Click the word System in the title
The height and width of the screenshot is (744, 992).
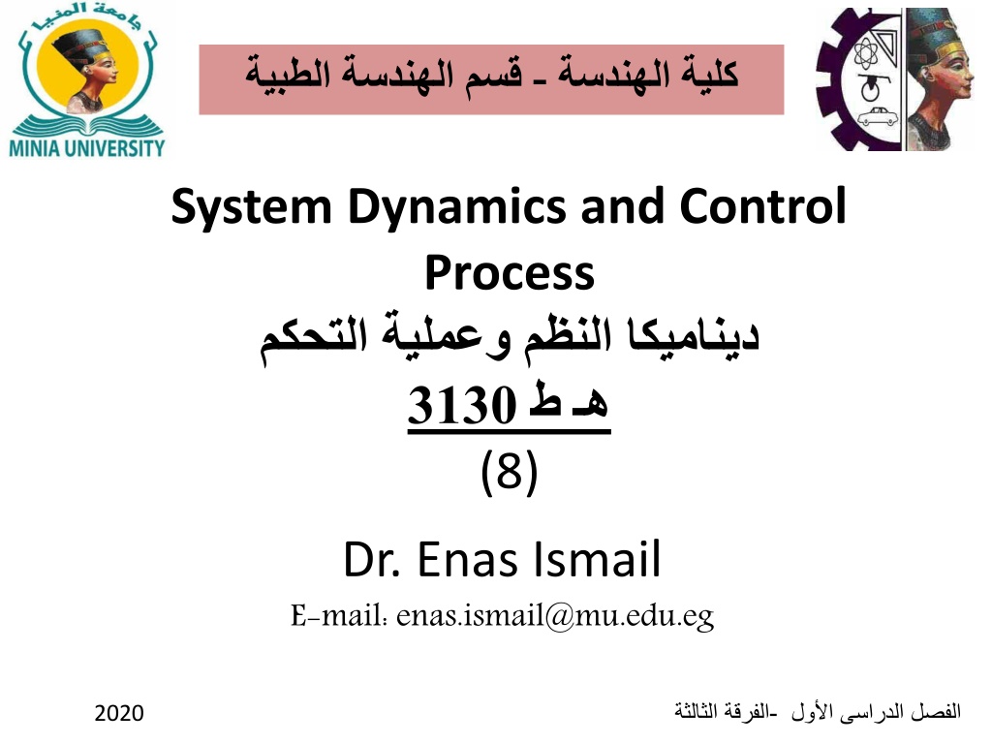pos(251,207)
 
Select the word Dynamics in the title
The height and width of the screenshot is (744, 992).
pos(457,207)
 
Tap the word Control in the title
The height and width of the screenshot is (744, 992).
pos(762,206)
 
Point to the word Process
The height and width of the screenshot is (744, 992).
pos(510,274)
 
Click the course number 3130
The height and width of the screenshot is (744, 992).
pos(462,404)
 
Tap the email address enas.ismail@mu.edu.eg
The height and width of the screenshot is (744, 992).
pos(555,615)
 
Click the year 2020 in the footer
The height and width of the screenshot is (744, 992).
pos(119,713)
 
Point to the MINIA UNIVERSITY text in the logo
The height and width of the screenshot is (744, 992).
pos(86,148)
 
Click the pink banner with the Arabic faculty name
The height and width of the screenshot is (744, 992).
pos(491,79)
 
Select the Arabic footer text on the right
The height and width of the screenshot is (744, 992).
pos(818,712)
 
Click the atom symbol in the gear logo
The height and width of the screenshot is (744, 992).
pos(865,54)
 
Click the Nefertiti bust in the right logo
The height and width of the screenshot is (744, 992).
pos(940,79)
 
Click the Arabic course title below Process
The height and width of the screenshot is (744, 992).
pos(510,338)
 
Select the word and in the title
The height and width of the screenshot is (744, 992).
pos(623,206)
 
